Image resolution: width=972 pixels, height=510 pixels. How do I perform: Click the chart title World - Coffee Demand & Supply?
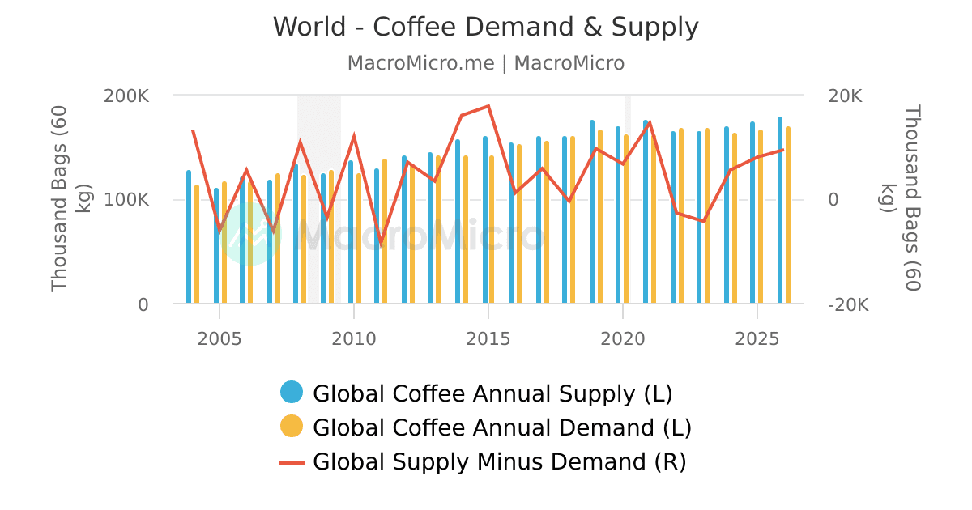(x=485, y=28)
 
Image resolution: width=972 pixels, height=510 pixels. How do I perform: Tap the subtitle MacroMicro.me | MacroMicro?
(x=485, y=63)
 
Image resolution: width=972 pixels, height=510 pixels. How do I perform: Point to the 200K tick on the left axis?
(x=126, y=96)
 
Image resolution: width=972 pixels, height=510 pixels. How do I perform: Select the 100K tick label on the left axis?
(x=126, y=200)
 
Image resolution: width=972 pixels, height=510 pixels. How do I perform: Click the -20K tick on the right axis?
(x=848, y=305)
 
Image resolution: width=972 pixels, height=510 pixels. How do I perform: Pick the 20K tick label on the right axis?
(x=845, y=96)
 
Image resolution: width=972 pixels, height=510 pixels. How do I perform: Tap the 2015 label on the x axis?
(x=488, y=338)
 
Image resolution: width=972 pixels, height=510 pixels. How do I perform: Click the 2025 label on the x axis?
(x=757, y=338)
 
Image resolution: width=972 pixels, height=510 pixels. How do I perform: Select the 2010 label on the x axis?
(x=354, y=338)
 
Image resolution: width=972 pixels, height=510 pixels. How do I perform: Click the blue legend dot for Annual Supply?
(x=292, y=393)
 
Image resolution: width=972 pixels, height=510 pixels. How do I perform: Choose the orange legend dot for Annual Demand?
(x=292, y=427)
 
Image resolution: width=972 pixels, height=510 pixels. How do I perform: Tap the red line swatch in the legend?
(x=292, y=462)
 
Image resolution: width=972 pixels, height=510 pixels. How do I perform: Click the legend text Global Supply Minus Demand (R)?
(x=499, y=462)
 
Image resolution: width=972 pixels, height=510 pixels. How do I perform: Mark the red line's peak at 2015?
(x=488, y=106)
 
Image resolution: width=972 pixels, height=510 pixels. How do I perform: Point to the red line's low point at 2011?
(x=381, y=243)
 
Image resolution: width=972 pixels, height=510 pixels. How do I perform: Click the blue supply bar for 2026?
(x=780, y=210)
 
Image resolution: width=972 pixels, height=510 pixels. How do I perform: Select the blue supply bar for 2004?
(x=189, y=237)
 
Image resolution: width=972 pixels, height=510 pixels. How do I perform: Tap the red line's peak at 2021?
(x=649, y=122)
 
